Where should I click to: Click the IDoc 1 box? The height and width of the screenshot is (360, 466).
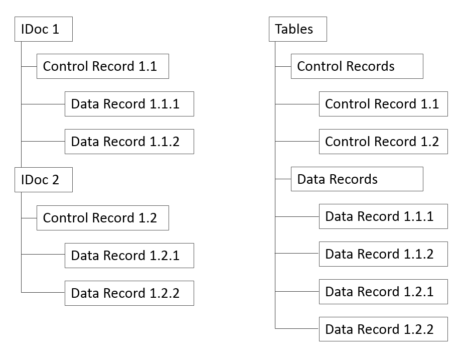coord(44,29)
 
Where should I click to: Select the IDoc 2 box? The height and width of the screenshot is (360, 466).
coord(44,180)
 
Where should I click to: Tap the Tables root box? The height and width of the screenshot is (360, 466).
coord(298,29)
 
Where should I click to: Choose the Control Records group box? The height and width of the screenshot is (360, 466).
coord(357,66)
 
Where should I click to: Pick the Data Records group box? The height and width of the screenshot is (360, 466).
coord(357,179)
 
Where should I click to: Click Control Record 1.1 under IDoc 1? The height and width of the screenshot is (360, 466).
coord(102,66)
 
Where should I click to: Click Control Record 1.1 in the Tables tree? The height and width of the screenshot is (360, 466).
coord(383,104)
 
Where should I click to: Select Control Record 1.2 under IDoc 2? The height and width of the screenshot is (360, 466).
coord(102,218)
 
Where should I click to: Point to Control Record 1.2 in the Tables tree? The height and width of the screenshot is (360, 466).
coord(383,142)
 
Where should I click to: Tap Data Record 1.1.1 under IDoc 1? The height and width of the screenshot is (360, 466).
coord(129,104)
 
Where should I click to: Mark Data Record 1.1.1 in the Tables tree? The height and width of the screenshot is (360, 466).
coord(383,216)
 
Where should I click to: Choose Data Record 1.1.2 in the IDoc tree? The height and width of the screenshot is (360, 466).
coord(129,142)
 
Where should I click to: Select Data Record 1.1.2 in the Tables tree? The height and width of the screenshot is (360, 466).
coord(383,254)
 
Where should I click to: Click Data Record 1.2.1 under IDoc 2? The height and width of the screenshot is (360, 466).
coord(129,256)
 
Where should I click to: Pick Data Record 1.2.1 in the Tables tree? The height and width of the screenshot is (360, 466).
coord(383,292)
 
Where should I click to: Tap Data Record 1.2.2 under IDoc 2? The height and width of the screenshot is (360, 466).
coord(129,293)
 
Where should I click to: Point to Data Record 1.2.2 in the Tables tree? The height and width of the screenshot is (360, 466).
coord(383,329)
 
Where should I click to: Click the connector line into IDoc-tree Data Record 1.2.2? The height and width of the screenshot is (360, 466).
coord(43,292)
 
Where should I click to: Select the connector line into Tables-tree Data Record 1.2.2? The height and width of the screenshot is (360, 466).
coord(297,329)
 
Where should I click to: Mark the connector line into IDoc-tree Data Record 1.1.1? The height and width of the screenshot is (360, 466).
coord(43,104)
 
